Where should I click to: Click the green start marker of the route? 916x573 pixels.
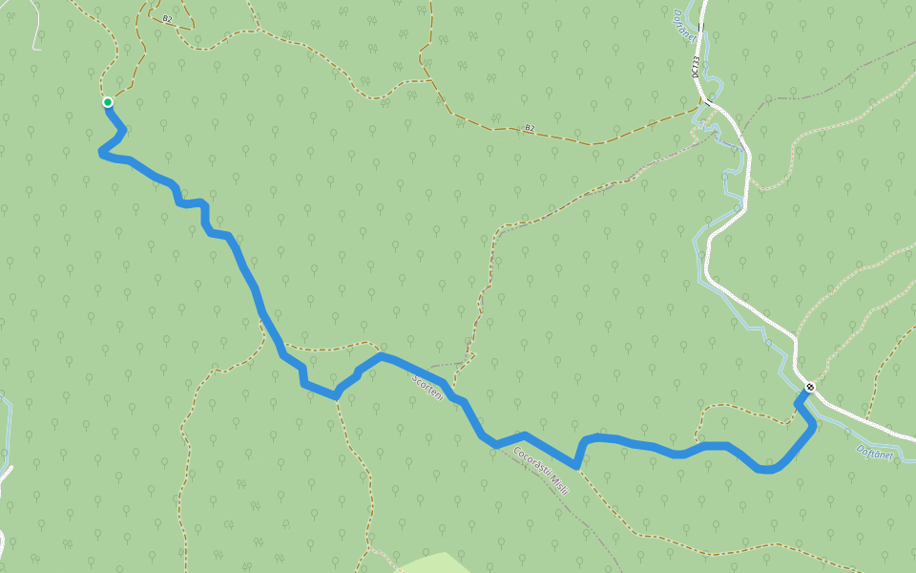pyautogui.click(x=108, y=102)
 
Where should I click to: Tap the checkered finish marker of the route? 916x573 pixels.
pyautogui.click(x=809, y=387)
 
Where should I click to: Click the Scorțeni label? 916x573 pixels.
pyautogui.click(x=428, y=387)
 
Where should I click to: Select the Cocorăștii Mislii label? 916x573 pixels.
pyautogui.click(x=541, y=471)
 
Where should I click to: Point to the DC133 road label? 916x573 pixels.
pyautogui.click(x=696, y=66)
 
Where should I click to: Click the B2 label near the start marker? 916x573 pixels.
pyautogui.click(x=167, y=19)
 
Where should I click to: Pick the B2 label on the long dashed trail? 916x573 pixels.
pyautogui.click(x=530, y=127)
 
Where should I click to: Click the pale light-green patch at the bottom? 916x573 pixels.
pyautogui.click(x=429, y=563)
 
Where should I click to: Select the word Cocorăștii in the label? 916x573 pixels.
pyautogui.click(x=530, y=461)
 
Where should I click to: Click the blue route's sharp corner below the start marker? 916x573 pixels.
pyautogui.click(x=101, y=152)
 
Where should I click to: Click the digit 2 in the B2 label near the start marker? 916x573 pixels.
pyautogui.click(x=170, y=19)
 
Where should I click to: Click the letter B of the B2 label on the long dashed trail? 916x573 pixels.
pyautogui.click(x=527, y=127)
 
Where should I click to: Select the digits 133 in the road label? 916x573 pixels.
pyautogui.click(x=696, y=61)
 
